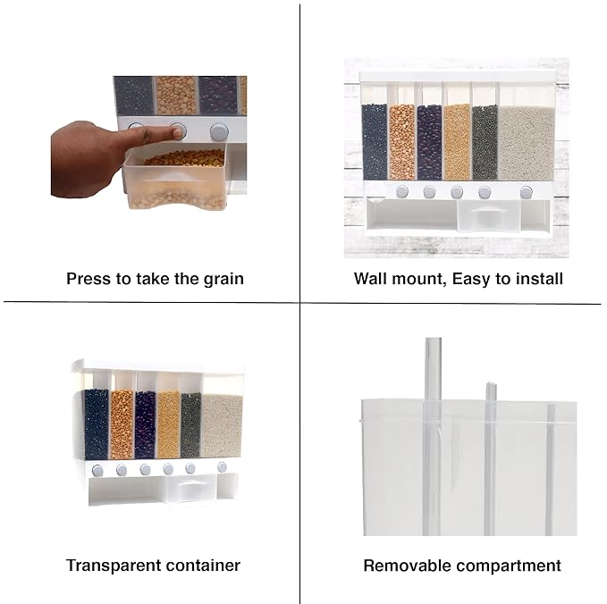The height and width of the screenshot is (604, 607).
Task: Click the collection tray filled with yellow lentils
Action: click(x=175, y=179)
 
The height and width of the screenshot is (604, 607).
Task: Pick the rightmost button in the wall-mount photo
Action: click(x=526, y=192)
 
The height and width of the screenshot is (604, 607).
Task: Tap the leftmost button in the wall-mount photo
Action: click(x=401, y=191)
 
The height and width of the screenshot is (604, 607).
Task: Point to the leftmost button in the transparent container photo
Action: click(x=97, y=471)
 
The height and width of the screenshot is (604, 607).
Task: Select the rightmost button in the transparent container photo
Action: click(x=222, y=467)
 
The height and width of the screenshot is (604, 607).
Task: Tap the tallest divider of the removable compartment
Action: click(x=433, y=436)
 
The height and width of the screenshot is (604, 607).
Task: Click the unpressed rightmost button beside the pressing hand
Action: click(x=219, y=132)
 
